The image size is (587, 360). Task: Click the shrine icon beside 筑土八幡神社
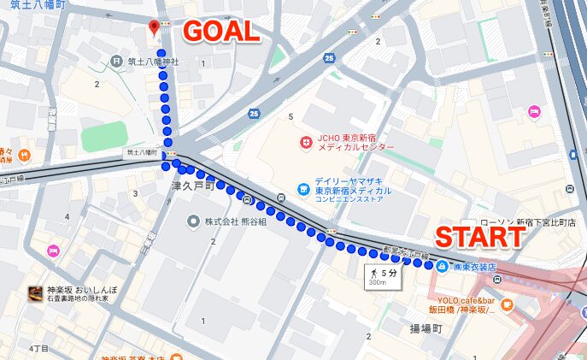[x=117, y=62]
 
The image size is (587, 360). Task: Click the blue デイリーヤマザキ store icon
[x=302, y=188]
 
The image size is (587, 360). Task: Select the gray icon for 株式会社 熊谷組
[x=194, y=221]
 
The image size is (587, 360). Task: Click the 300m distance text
[x=377, y=284]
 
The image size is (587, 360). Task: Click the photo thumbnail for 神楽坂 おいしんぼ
[x=36, y=292]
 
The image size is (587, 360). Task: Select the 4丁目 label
[x=39, y=348]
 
